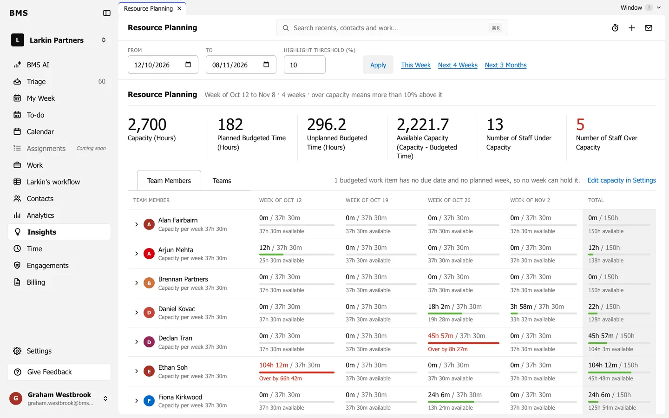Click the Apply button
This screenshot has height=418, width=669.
pyautogui.click(x=378, y=65)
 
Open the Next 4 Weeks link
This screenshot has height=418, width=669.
pyautogui.click(x=458, y=65)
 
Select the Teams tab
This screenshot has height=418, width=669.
pyautogui.click(x=222, y=180)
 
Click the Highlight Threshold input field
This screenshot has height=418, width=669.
pyautogui.click(x=304, y=65)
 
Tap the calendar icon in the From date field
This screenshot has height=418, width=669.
pyautogui.click(x=188, y=65)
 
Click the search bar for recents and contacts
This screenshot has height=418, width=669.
pyautogui.click(x=392, y=28)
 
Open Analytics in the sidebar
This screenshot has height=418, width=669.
pyautogui.click(x=40, y=216)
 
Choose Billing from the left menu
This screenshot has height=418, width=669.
pyautogui.click(x=36, y=282)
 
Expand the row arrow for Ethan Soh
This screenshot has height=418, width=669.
pyautogui.click(x=137, y=371)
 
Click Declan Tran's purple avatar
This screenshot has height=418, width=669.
pyautogui.click(x=149, y=342)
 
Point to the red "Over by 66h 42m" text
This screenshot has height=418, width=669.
pyautogui.click(x=281, y=378)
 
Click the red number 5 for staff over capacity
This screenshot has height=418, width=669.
pyautogui.click(x=580, y=124)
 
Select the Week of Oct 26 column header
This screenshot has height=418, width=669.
pyautogui.click(x=449, y=200)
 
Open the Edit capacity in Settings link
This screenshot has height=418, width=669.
pyautogui.click(x=622, y=180)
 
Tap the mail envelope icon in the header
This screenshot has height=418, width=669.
pyautogui.click(x=649, y=28)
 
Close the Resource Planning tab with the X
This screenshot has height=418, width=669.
pyautogui.click(x=179, y=8)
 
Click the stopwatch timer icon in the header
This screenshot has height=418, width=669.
pyautogui.click(x=615, y=28)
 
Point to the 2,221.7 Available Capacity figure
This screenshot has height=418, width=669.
pyautogui.click(x=423, y=124)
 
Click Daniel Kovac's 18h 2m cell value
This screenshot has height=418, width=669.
pyautogui.click(x=439, y=307)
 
